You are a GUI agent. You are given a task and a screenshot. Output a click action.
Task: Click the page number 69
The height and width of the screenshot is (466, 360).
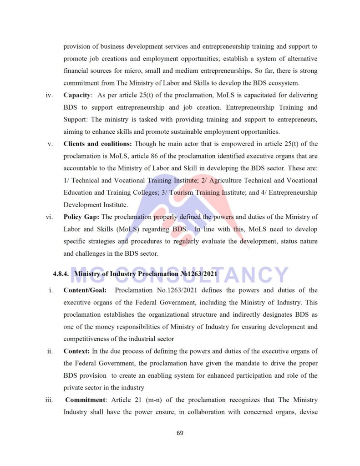coord(180,433)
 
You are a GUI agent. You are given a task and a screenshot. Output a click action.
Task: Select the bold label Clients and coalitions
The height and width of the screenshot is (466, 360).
coord(97,144)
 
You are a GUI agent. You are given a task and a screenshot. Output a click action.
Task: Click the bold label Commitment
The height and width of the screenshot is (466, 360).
coord(86,400)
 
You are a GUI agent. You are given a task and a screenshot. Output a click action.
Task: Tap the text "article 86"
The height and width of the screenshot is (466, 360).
coord(144,156)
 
